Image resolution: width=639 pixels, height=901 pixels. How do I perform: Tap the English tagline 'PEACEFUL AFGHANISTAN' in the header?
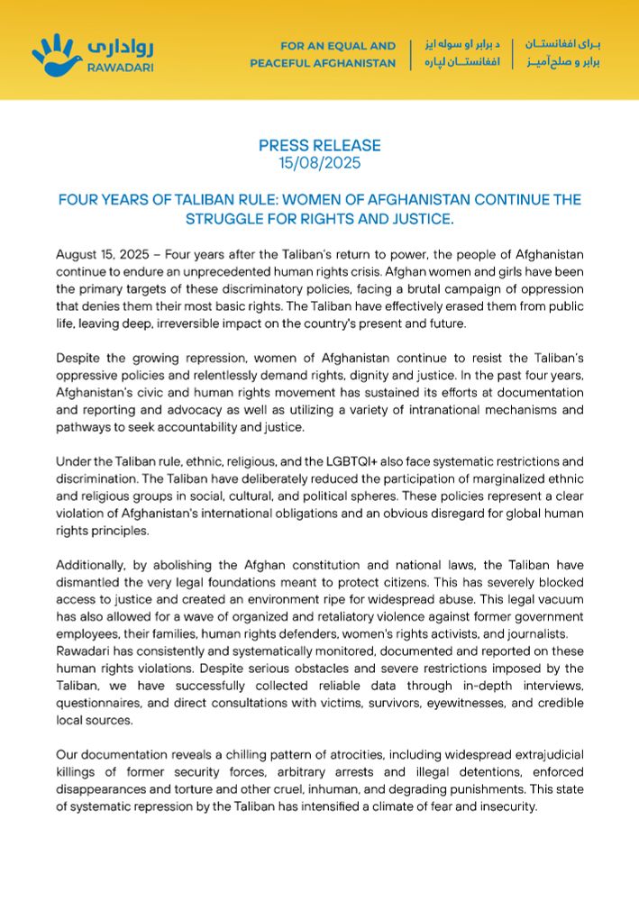pos(323,64)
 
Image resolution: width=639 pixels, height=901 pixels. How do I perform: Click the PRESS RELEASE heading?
pos(319,145)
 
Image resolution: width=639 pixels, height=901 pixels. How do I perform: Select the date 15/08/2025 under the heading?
pos(319,162)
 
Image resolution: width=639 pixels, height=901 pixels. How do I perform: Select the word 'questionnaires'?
pos(99,703)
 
